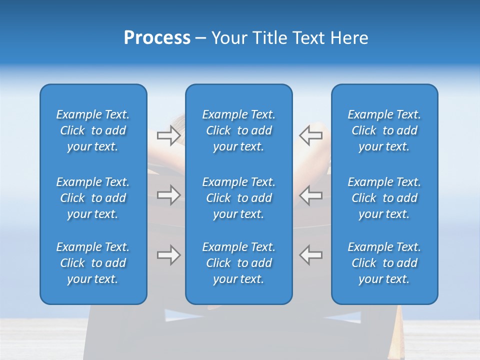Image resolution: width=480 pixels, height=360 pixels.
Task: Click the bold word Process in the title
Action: point(157,38)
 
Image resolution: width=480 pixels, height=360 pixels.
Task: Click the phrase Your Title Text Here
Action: point(290,38)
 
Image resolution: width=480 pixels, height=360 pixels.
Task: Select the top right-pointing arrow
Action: point(168,135)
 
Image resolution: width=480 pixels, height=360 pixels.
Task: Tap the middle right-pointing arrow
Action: point(168,195)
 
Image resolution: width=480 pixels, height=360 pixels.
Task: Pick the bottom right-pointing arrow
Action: point(168,255)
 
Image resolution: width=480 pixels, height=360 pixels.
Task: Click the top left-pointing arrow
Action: point(310,135)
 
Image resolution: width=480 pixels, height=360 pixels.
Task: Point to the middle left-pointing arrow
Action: point(310,195)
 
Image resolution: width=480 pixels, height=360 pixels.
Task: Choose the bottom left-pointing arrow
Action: point(310,255)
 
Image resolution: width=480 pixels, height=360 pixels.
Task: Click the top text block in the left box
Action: point(93,130)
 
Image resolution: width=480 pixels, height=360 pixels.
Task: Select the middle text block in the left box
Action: point(93,198)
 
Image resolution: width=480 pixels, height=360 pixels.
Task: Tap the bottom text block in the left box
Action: point(93,263)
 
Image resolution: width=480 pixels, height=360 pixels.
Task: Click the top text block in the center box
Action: point(238,130)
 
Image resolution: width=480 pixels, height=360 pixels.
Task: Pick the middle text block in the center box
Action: point(238,198)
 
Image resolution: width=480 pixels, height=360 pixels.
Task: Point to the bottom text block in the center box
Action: point(238,263)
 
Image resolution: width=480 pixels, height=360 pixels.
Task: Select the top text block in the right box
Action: point(384,130)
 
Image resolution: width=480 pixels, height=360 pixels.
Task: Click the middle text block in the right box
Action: point(384,198)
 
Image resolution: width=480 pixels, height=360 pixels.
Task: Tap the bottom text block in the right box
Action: point(384,263)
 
